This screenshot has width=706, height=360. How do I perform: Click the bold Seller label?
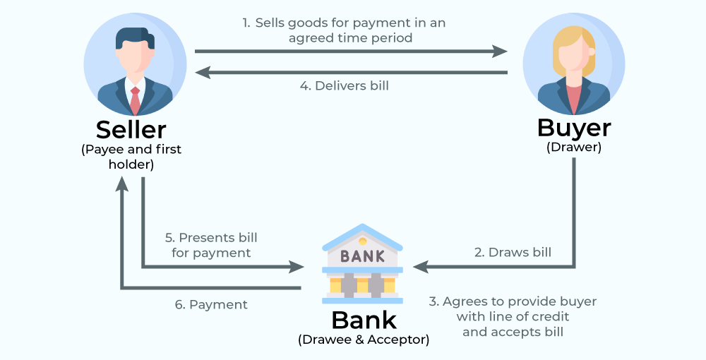click(131, 130)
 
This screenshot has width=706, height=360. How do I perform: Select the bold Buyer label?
click(574, 128)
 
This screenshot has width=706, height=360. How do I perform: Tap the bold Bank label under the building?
click(364, 320)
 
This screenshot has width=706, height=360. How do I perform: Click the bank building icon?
click(362, 263)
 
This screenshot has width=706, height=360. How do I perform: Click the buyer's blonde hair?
click(573, 46)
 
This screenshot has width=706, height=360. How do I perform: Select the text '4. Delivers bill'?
click(344, 86)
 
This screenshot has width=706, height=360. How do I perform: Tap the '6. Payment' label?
click(211, 305)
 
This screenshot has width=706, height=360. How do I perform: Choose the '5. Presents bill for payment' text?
click(211, 245)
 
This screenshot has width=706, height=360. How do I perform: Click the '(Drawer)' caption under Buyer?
click(574, 148)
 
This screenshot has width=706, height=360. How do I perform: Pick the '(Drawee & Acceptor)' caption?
click(364, 340)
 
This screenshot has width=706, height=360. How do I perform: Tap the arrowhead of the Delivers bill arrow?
click(202, 72)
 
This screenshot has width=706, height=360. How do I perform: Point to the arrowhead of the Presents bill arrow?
click(297, 267)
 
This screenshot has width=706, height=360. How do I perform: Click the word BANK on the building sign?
click(362, 256)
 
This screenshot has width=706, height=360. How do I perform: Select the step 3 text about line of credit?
click(513, 316)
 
